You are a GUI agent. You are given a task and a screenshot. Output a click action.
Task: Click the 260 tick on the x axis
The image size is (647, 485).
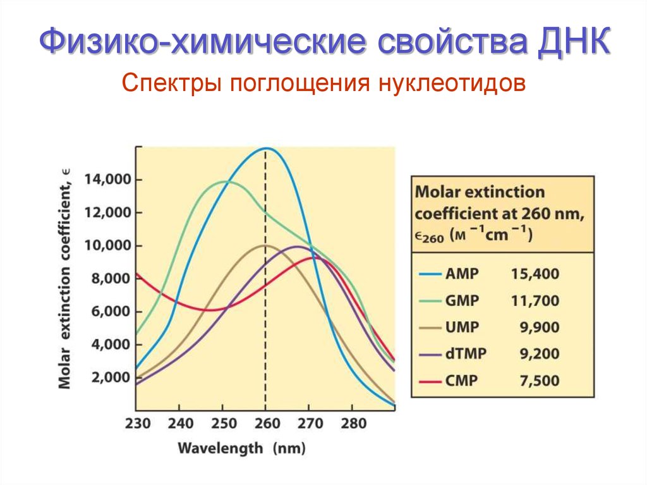(265, 423)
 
